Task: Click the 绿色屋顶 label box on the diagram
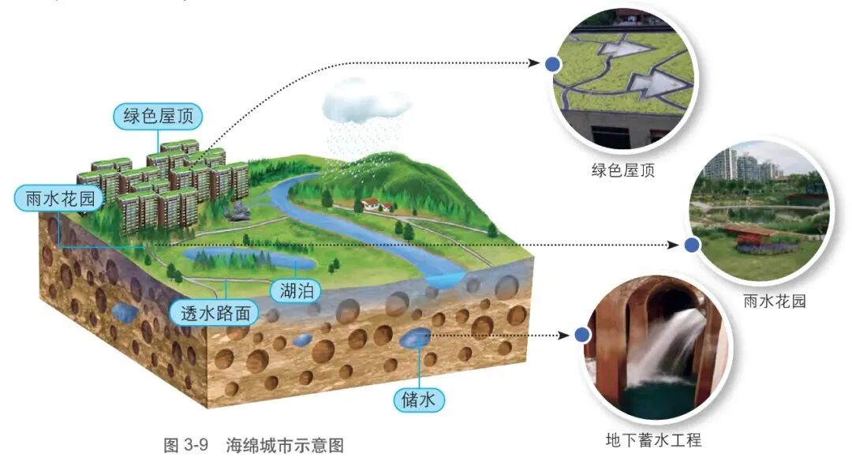(158, 117)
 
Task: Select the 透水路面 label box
(215, 313)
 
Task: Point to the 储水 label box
(419, 399)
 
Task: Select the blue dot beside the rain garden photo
(693, 245)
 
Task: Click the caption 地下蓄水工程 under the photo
(652, 439)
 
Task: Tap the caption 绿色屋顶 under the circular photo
(623, 170)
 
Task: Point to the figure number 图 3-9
(185, 445)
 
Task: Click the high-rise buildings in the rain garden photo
(738, 166)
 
